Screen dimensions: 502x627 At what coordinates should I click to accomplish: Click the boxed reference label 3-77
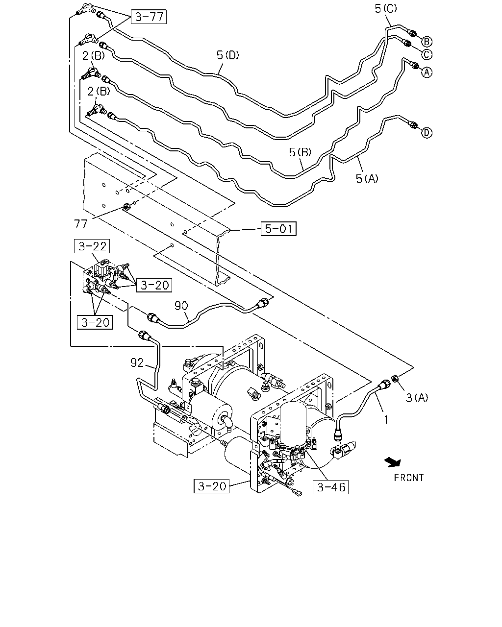[149, 17]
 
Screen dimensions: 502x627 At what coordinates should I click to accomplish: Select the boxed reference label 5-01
[278, 228]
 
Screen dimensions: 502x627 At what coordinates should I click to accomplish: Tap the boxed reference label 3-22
[92, 246]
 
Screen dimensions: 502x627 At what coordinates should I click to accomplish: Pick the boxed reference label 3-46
[330, 487]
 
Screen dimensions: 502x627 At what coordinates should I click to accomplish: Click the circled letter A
[427, 72]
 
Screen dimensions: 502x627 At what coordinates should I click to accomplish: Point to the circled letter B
[427, 42]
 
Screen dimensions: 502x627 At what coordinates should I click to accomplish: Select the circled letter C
[427, 54]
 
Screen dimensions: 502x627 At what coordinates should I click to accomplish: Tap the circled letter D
[427, 133]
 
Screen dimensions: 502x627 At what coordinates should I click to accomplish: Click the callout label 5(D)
[227, 55]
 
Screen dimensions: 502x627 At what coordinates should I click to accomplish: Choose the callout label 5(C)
[386, 8]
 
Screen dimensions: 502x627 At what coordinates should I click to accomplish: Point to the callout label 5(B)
[300, 152]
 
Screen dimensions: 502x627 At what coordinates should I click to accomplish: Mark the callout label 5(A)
[367, 178]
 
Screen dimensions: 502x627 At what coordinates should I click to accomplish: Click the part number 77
[80, 224]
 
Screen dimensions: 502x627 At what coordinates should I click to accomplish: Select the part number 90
[181, 306]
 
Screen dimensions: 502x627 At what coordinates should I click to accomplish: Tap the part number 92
[137, 363]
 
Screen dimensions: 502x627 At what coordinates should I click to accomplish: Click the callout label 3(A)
[417, 397]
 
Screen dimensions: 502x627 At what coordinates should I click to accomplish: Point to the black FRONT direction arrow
[393, 462]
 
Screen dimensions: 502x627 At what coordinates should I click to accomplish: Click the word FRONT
[409, 478]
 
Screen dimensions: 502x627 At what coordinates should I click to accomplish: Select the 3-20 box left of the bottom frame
[211, 486]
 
